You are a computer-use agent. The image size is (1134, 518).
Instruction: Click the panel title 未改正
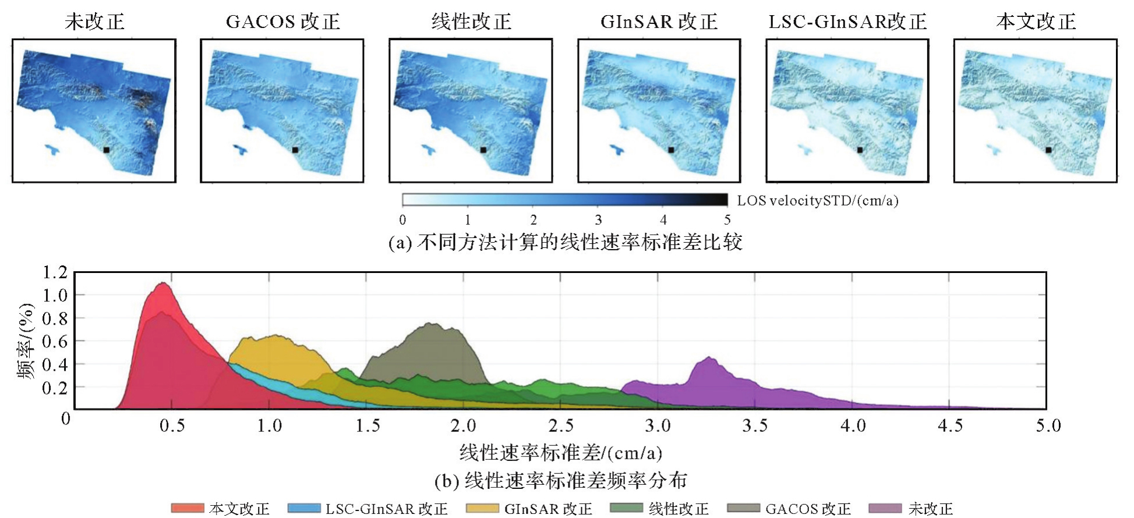94,22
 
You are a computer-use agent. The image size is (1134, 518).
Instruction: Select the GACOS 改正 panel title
282,22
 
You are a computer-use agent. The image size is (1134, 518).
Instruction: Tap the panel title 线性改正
471,22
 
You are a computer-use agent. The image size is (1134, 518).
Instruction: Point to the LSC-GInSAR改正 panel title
847,22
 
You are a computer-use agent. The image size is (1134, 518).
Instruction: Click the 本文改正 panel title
1036,22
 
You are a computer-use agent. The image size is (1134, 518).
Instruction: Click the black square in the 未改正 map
107,150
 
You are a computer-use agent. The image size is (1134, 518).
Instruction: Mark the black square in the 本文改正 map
1048,150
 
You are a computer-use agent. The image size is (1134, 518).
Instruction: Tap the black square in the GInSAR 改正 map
671,150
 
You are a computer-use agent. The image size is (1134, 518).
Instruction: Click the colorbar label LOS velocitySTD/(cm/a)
818,201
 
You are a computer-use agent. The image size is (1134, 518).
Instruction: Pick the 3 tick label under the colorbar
598,220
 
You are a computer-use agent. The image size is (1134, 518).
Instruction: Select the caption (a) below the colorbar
565,242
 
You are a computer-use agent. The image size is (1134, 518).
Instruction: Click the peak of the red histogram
164,284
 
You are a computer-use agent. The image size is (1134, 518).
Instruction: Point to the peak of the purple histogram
709,358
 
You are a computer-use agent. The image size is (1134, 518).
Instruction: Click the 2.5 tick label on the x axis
561,426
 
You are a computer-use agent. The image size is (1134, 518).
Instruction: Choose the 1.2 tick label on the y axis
55,272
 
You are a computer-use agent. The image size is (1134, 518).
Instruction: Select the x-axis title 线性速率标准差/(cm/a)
560,452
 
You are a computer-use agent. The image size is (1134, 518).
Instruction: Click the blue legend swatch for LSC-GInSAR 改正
304,508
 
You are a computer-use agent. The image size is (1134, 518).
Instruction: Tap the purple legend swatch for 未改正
885,508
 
